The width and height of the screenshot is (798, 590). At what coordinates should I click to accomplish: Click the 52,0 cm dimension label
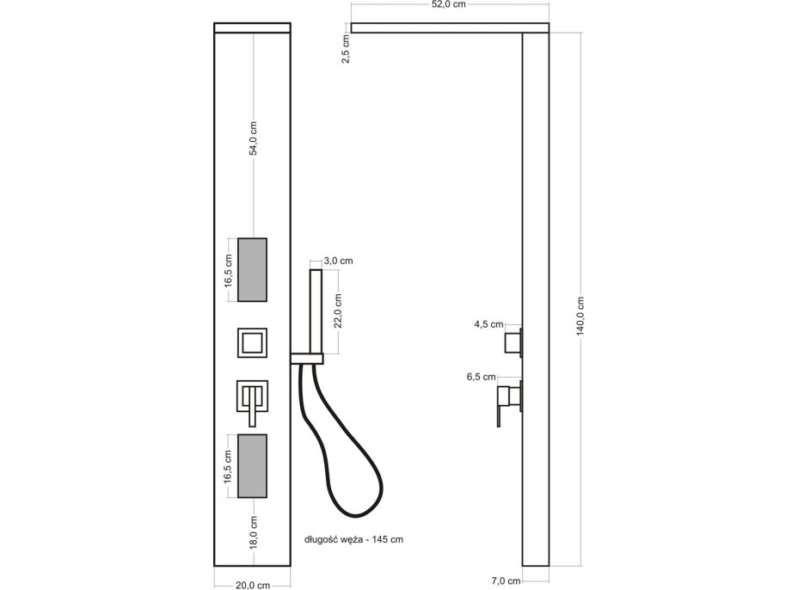click(x=448, y=5)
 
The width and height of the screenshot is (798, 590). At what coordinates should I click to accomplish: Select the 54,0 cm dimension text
click(x=253, y=138)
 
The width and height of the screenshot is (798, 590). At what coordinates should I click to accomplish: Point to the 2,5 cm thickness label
click(x=346, y=49)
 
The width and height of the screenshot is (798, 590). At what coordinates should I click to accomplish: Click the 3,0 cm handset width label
click(x=338, y=260)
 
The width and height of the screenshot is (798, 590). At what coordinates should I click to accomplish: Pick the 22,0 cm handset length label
click(x=339, y=310)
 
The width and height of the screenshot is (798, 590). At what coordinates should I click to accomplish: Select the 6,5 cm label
click(x=482, y=377)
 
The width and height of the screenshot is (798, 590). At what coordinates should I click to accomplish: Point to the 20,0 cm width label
click(x=253, y=585)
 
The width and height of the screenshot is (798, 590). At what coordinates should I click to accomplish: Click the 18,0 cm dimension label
click(x=254, y=534)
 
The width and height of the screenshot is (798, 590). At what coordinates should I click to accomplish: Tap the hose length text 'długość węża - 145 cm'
click(x=353, y=540)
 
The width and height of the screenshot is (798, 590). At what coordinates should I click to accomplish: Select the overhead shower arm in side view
click(x=439, y=28)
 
